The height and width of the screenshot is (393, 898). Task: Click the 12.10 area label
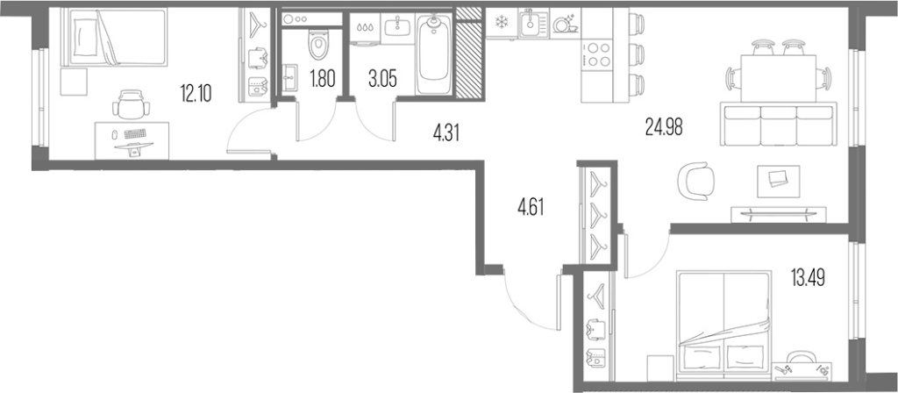[x=196, y=93]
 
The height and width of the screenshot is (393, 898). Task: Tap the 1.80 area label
[x=321, y=77]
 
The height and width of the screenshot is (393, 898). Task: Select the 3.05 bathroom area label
[x=382, y=77]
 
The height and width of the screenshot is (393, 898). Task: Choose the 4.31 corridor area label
[x=446, y=134]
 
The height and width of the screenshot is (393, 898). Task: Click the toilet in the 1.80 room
[x=317, y=44]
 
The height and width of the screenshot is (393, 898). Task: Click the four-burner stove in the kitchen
[x=597, y=54]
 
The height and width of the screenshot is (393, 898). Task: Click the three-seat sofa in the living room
[x=778, y=125]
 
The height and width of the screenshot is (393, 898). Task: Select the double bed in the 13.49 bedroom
[x=723, y=325]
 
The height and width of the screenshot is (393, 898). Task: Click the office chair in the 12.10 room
[x=132, y=104]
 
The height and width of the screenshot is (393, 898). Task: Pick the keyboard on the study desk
[x=135, y=134]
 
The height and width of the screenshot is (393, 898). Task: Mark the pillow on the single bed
[x=82, y=35]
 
